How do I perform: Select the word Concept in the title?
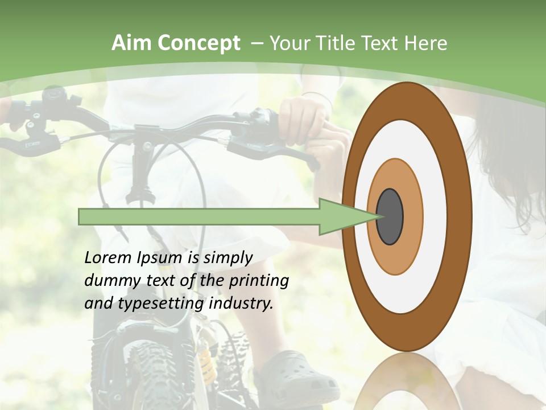[x=198, y=43]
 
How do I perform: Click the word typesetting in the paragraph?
[x=162, y=304]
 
